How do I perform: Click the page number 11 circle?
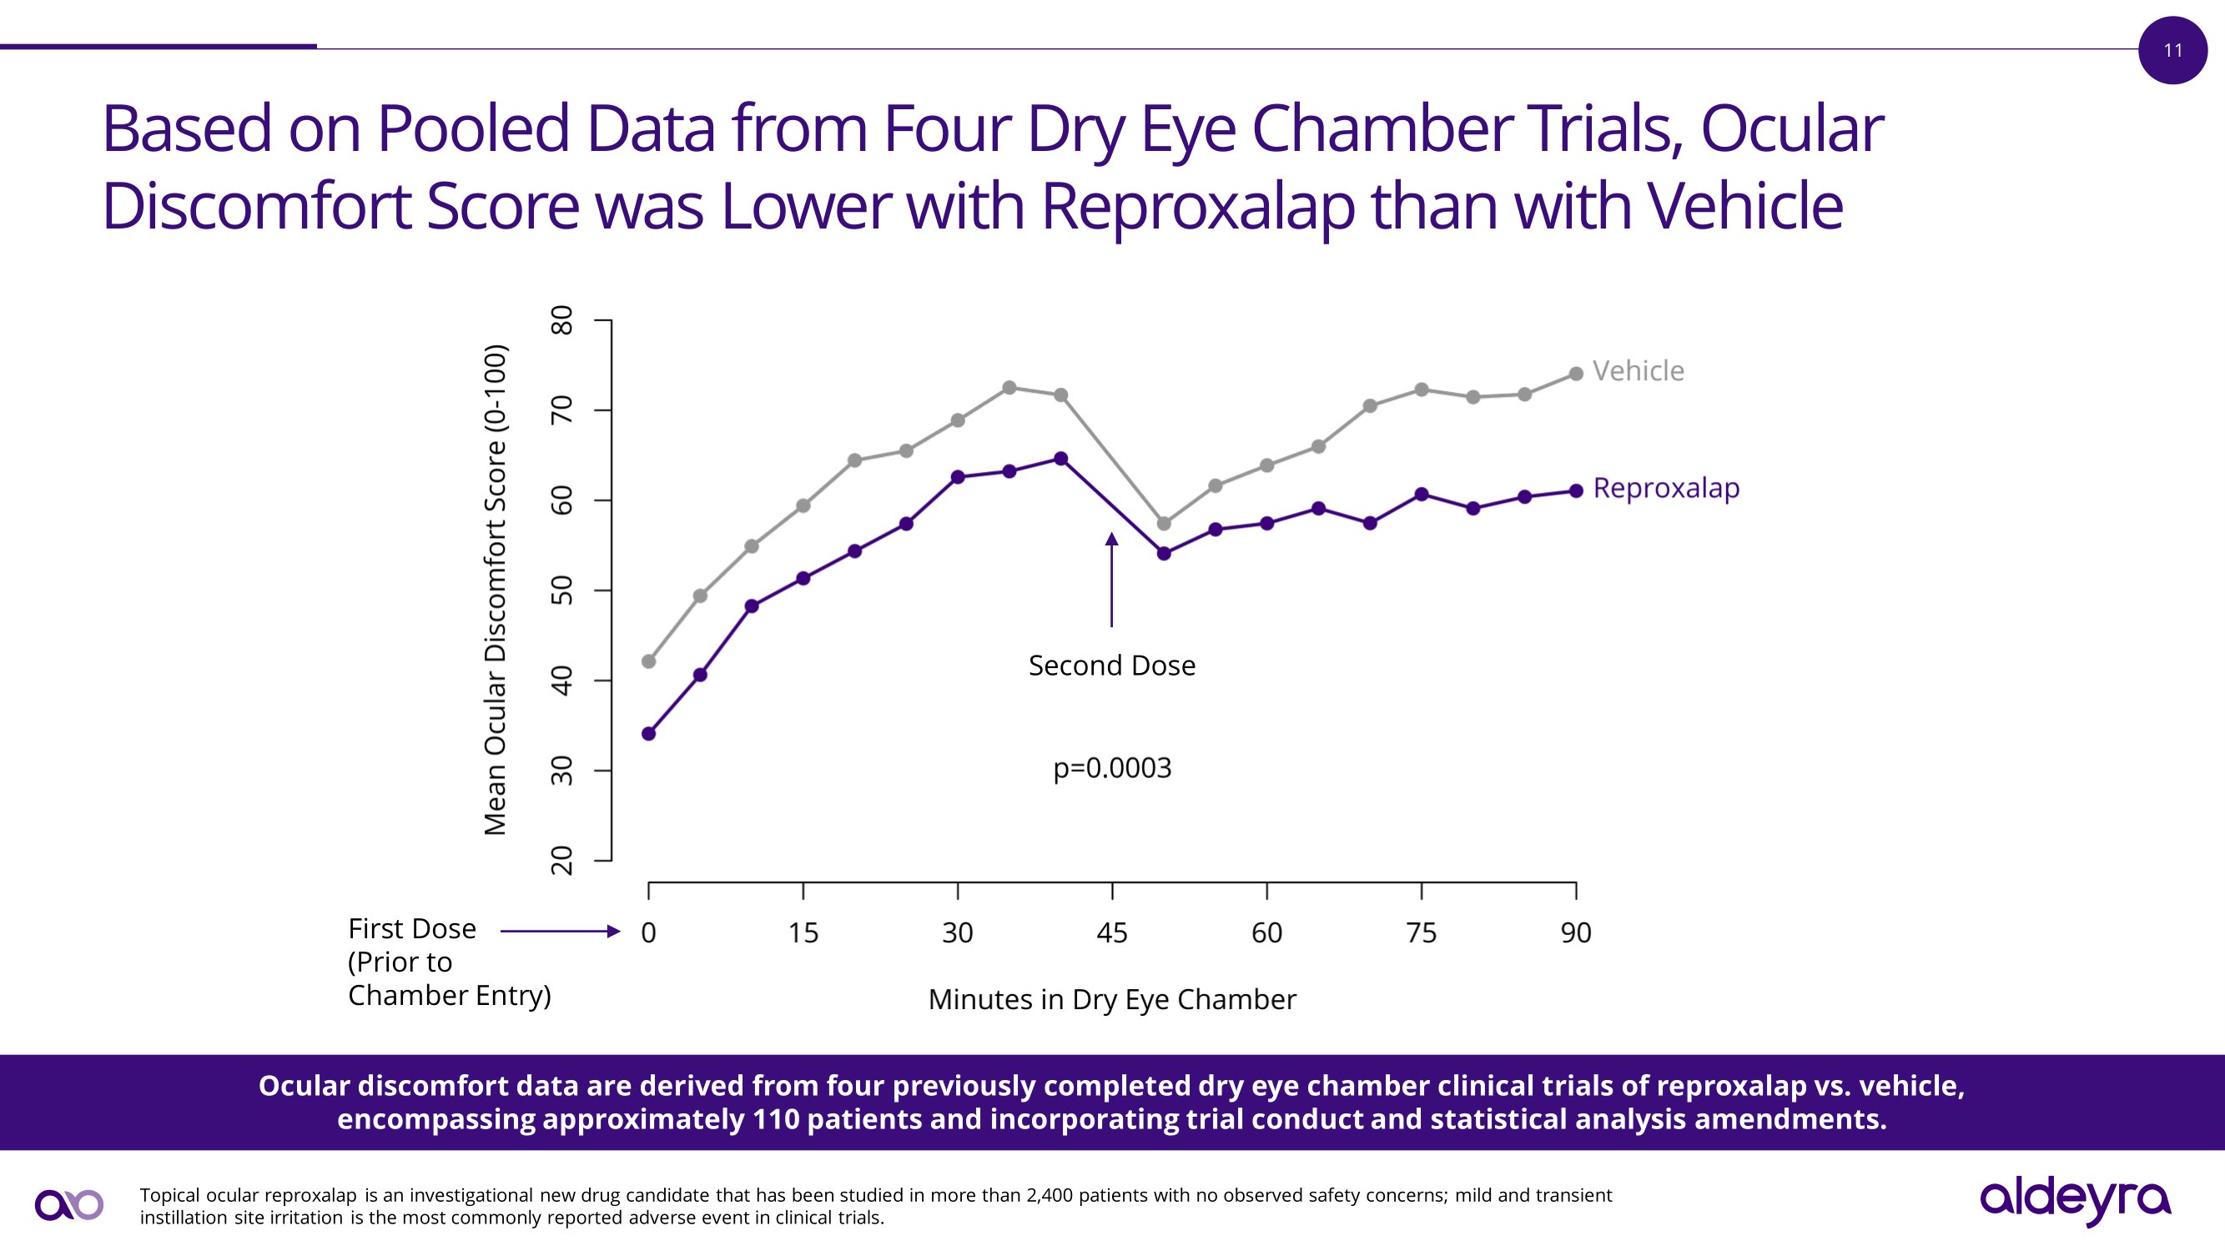pyautogui.click(x=2172, y=50)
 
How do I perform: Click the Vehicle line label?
pyautogui.click(x=1638, y=371)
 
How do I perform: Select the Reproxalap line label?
pyautogui.click(x=1665, y=488)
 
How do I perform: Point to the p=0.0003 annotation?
pyautogui.click(x=1111, y=768)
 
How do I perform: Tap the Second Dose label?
pyautogui.click(x=1111, y=666)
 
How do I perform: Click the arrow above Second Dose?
pyautogui.click(x=1111, y=579)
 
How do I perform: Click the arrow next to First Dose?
pyautogui.click(x=560, y=931)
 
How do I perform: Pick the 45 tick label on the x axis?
pyautogui.click(x=1111, y=932)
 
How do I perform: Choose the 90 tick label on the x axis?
pyautogui.click(x=1575, y=932)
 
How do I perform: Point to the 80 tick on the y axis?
pyautogui.click(x=562, y=320)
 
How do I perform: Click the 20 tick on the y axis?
pyautogui.click(x=562, y=860)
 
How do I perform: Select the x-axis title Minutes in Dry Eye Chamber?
pyautogui.click(x=1111, y=1000)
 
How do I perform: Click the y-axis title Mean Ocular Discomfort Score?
pyautogui.click(x=495, y=590)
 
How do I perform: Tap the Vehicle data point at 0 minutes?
pyautogui.click(x=649, y=661)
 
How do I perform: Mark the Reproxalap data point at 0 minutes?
pyautogui.click(x=649, y=734)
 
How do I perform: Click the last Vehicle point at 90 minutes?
pyautogui.click(x=1575, y=374)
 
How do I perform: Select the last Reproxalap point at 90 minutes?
pyautogui.click(x=1575, y=490)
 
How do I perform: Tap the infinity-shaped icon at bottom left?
pyautogui.click(x=69, y=1205)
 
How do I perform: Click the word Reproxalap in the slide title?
pyautogui.click(x=1197, y=207)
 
